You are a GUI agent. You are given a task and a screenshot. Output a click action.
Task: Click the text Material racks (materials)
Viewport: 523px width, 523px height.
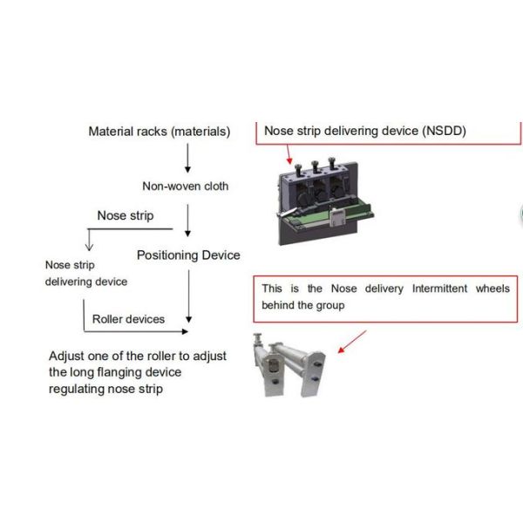pos(160,132)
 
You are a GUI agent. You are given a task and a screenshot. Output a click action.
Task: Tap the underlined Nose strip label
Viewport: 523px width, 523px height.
pos(125,215)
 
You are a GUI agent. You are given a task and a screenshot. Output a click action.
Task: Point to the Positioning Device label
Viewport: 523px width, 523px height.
pos(188,255)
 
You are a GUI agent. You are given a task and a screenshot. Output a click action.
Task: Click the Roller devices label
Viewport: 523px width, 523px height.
pos(128,319)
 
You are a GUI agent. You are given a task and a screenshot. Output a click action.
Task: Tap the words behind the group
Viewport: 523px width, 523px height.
pos(303,306)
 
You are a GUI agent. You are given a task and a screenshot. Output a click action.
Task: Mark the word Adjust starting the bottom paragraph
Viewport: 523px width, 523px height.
pos(66,357)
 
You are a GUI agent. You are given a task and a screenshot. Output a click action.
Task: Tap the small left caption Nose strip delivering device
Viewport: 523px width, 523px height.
pos(85,273)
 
